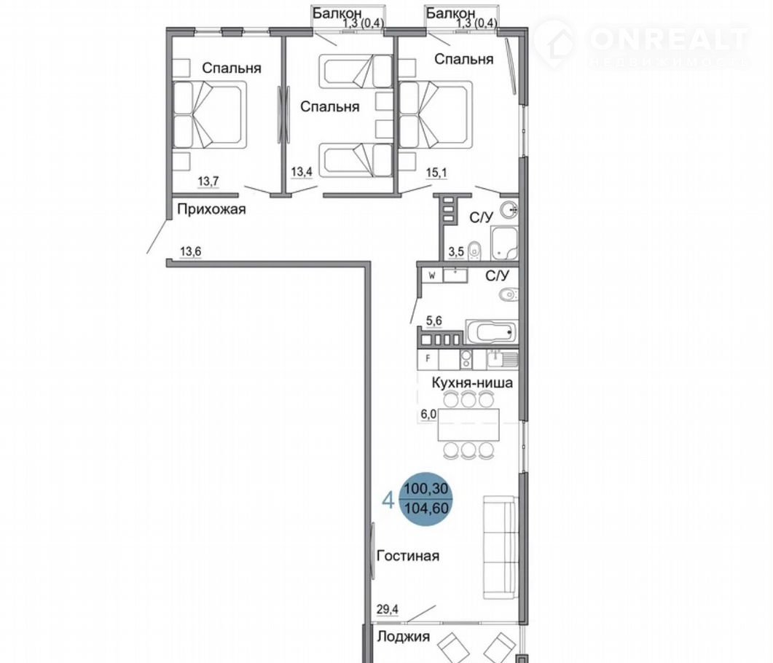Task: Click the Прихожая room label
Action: click(x=211, y=210)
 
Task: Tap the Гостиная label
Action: click(x=408, y=556)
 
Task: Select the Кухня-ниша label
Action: click(x=472, y=382)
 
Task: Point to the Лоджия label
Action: click(x=404, y=636)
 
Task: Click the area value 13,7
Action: click(x=208, y=181)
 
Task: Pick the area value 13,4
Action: click(x=301, y=171)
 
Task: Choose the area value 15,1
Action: click(x=436, y=173)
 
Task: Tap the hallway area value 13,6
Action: click(x=190, y=251)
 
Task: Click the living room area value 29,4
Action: click(x=388, y=609)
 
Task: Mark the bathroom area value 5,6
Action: click(x=433, y=321)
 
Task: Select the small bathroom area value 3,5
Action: click(x=456, y=252)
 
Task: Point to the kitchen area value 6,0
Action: click(x=428, y=414)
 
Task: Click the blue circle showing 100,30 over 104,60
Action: click(x=426, y=499)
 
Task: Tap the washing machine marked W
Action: click(x=432, y=275)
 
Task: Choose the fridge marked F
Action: click(x=428, y=359)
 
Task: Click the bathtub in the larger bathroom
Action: click(x=491, y=331)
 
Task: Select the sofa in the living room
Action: click(x=500, y=546)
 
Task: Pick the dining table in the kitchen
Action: click(x=468, y=425)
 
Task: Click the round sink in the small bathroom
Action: click(x=509, y=210)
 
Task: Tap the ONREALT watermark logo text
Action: click(x=669, y=39)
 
